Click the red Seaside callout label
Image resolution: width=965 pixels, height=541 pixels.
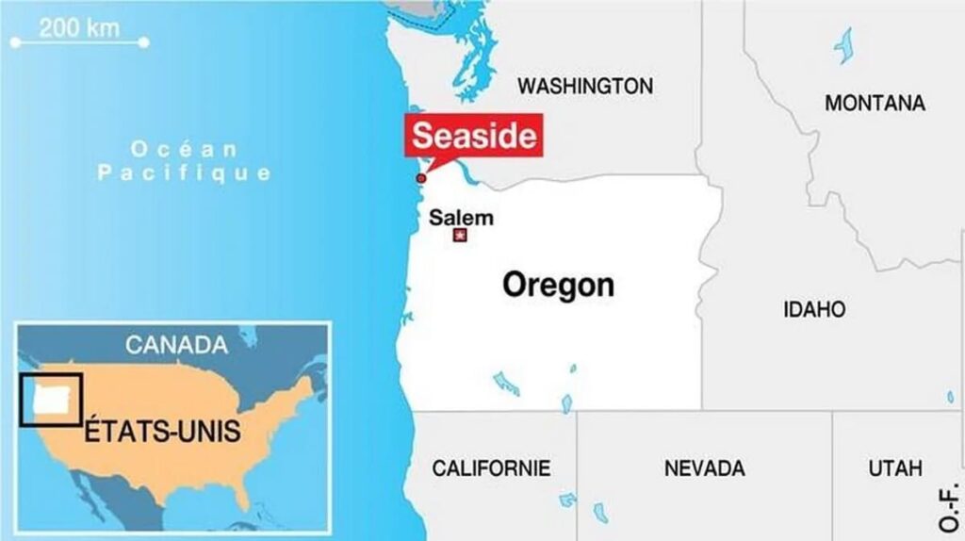[x=475, y=136]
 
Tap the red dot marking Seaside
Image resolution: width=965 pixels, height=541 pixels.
[x=421, y=178]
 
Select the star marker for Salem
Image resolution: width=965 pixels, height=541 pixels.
[x=460, y=236]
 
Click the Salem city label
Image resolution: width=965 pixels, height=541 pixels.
[x=461, y=217]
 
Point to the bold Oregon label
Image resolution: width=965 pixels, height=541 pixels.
[x=558, y=284]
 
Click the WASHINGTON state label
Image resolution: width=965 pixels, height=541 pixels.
[x=584, y=86]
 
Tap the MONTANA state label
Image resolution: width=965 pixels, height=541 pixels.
[x=875, y=103]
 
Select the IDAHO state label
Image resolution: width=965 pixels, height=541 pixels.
[x=814, y=309]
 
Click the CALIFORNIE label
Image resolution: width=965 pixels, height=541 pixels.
[x=491, y=467]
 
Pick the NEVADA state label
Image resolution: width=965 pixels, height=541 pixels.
[x=704, y=467]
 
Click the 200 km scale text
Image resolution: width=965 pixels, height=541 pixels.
[x=79, y=27]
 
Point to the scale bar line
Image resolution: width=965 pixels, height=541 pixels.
[x=79, y=42]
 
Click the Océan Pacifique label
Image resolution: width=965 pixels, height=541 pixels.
[x=185, y=161]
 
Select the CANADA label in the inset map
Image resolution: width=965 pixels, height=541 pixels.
[x=176, y=345]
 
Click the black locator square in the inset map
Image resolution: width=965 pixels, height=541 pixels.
[x=51, y=400]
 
